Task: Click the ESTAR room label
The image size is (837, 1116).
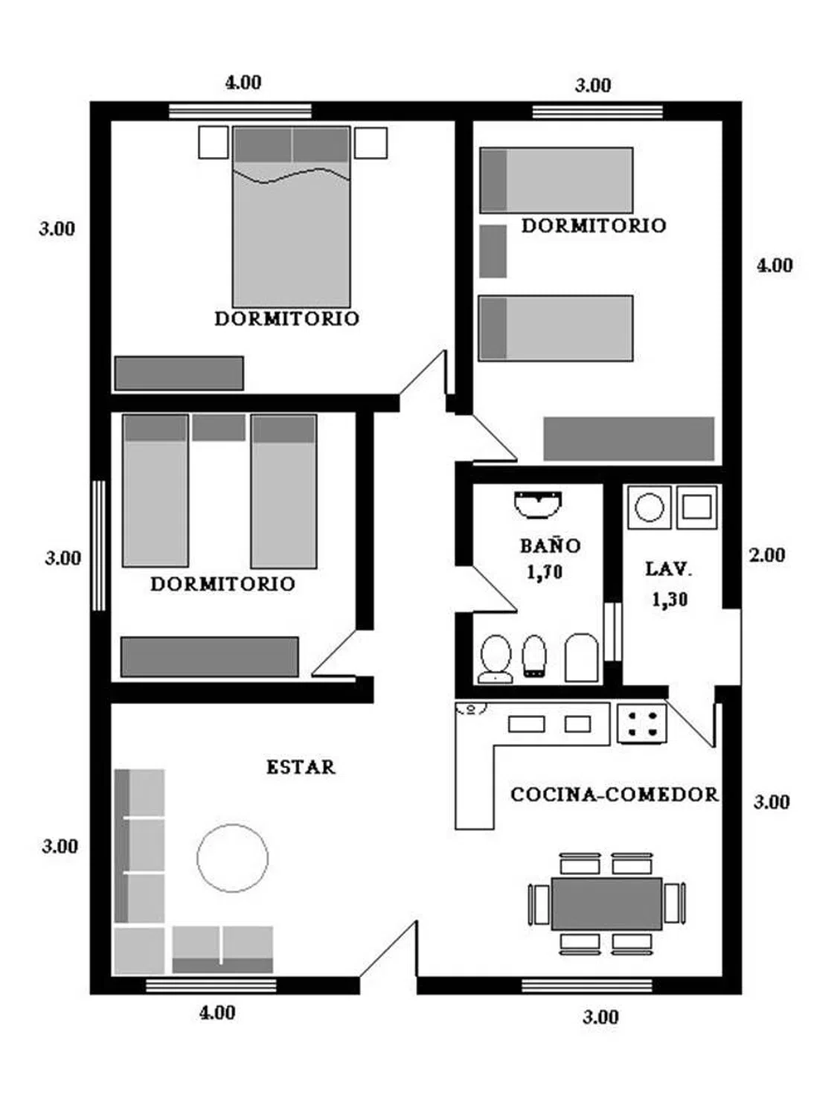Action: tap(301, 767)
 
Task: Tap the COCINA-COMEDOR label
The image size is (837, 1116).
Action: tap(615, 794)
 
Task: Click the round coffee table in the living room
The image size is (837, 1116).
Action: tap(233, 858)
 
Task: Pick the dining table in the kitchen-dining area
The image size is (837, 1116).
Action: tap(607, 903)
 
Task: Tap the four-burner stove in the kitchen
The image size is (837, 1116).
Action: tap(642, 724)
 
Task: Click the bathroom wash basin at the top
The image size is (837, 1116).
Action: tap(538, 504)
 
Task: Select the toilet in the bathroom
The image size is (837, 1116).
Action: tap(496, 658)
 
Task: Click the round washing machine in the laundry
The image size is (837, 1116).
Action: tap(650, 507)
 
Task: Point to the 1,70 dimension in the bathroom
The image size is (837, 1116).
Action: tap(545, 572)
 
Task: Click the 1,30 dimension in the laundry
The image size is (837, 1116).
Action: tap(670, 600)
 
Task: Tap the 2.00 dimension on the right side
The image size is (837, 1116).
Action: tap(767, 555)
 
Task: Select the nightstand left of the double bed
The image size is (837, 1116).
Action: tap(214, 142)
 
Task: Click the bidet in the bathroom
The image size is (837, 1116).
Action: tap(535, 656)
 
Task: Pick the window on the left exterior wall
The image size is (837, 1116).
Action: tap(100, 545)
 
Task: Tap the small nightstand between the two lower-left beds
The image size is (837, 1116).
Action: tap(219, 428)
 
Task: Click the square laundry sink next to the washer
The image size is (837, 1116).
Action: tap(696, 507)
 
